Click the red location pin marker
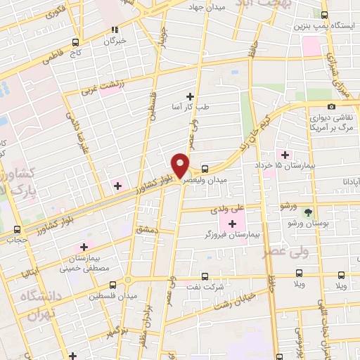pyautogui.click(x=181, y=165)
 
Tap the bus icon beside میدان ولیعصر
pyautogui.click(x=205, y=169)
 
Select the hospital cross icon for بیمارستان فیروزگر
pyautogui.click(x=232, y=223)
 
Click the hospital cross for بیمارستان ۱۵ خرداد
pyautogui.click(x=285, y=154)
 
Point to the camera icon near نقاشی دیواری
pyautogui.click(x=331, y=106)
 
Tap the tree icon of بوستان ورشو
pyautogui.click(x=307, y=211)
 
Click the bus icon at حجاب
pyautogui.click(x=18, y=229)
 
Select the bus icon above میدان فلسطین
pyautogui.click(x=114, y=285)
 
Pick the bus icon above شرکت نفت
pyautogui.click(x=205, y=276)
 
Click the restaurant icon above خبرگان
pyautogui.click(x=114, y=30)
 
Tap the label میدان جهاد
pyautogui.click(x=205, y=6)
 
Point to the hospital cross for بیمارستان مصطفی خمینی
pyautogui.click(x=84, y=246)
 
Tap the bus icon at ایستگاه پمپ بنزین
pyautogui.click(x=324, y=14)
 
